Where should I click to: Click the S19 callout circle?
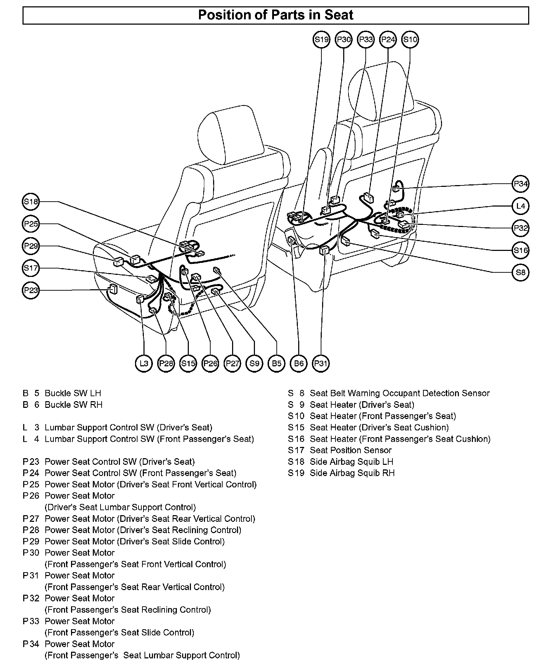tap(321, 39)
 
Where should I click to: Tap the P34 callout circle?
tap(520, 184)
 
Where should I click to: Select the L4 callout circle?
tap(520, 206)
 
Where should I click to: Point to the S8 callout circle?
tap(520, 272)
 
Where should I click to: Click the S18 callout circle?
tap(31, 202)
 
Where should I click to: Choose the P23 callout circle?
tap(31, 290)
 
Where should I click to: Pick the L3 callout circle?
tap(144, 363)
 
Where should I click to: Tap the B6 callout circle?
tap(299, 363)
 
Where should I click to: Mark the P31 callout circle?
tap(321, 363)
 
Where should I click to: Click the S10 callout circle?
tap(410, 39)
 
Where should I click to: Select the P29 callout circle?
tap(31, 246)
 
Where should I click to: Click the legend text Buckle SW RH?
tap(73, 405)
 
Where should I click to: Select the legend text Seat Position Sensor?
tap(351, 450)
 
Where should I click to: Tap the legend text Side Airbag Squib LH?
tap(351, 462)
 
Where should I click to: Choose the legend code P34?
tap(31, 644)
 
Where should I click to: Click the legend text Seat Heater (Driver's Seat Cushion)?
tap(379, 428)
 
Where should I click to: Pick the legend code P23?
tap(31, 462)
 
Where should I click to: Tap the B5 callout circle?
tap(276, 363)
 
